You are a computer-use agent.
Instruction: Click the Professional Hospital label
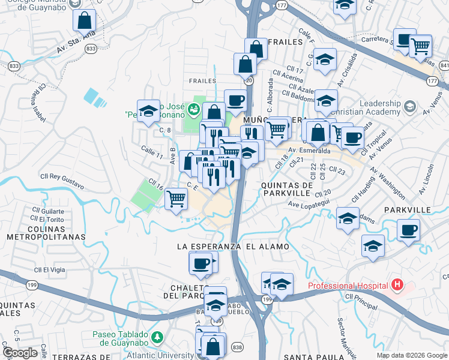347,286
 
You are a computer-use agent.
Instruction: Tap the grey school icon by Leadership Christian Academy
410,107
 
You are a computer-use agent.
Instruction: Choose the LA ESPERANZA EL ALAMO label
233,247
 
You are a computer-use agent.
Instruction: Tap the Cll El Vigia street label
50,271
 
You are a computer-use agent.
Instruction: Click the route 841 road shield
444,64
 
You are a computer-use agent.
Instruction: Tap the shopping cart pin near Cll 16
175,198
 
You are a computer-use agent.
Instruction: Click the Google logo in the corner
19,352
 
